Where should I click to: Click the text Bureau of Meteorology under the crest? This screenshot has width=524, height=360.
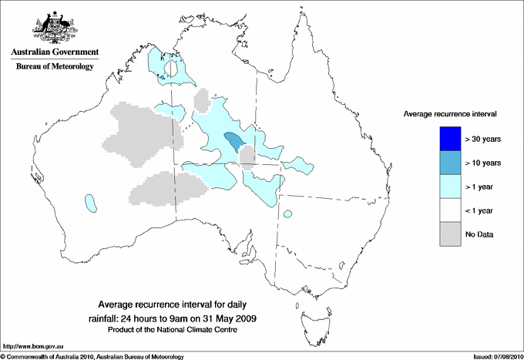[55, 67]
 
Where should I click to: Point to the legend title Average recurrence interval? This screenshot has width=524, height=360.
[449, 113]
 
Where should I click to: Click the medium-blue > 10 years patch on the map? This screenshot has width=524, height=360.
[234, 140]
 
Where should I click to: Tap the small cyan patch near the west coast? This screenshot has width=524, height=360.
[91, 204]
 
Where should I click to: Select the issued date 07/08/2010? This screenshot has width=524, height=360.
[505, 356]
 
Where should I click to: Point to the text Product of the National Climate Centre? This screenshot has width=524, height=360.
[180, 329]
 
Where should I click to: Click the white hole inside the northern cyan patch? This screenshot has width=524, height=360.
[176, 72]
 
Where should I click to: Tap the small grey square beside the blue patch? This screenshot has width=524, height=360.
[247, 157]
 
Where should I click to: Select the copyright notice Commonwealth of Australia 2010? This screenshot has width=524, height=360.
[85, 356]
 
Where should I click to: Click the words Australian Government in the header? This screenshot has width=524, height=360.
[55, 52]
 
